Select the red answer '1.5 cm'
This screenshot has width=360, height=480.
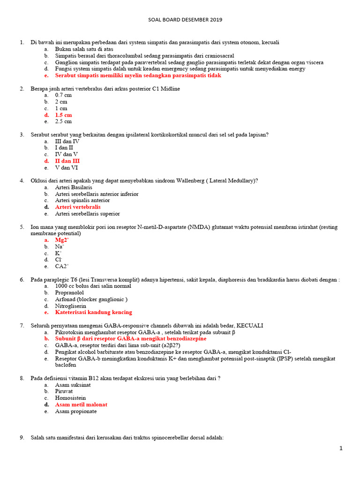click(63, 115)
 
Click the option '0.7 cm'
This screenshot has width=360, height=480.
click(63, 95)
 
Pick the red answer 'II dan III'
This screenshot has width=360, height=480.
click(67, 161)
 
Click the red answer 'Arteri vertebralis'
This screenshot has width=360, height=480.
click(78, 207)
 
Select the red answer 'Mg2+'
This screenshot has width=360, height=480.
click(62, 240)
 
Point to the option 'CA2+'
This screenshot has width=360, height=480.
click(62, 266)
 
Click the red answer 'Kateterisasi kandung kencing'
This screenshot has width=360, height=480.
click(93, 312)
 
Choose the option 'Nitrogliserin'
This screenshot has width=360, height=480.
click(70, 306)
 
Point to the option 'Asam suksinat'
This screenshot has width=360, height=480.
click(73, 385)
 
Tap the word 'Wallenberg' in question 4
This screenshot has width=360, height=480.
click(190, 180)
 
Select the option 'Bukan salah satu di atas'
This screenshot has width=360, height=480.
click(84, 49)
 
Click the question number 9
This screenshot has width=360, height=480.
click(22, 437)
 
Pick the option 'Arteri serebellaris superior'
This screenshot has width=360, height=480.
click(87, 214)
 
